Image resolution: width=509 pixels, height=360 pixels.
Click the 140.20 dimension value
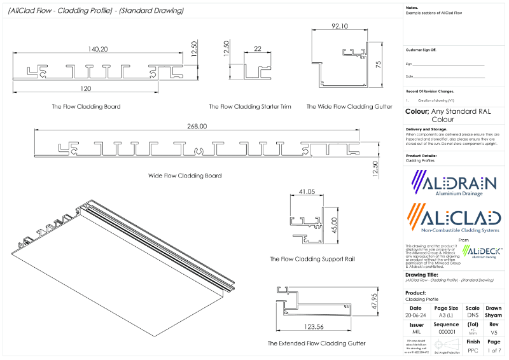tap(99, 48)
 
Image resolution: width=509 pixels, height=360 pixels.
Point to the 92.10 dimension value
tap(340, 27)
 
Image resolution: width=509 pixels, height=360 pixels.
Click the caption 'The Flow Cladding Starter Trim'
tap(250, 107)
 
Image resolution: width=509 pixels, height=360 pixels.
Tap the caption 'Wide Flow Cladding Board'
tap(185, 176)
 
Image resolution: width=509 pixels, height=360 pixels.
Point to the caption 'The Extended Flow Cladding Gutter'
tap(316, 343)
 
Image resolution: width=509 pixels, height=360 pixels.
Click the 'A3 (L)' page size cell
tap(445, 315)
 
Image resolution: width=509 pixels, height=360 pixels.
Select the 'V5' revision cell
tap(494, 332)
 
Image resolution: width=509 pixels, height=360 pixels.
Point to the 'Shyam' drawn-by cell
tap(494, 315)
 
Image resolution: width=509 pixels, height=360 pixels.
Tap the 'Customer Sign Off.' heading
tap(421, 49)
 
